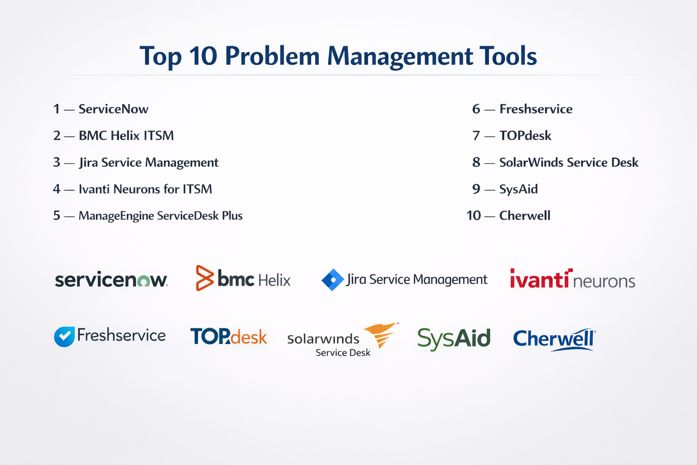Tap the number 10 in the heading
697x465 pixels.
pos(203,56)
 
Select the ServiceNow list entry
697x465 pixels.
pos(113,109)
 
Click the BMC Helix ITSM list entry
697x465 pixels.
pos(126,136)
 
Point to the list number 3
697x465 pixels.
pos(57,162)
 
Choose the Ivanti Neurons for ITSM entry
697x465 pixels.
pos(145,189)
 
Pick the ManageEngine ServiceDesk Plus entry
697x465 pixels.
pos(161,216)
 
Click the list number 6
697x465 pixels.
pos(476,109)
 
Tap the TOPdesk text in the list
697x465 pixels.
pos(525,136)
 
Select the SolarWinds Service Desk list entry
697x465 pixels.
pos(569,162)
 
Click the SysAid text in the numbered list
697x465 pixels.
pos(518,189)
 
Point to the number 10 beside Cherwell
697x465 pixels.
pos(474,216)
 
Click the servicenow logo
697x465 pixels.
pos(111,279)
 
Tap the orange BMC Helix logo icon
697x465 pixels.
pos(205,278)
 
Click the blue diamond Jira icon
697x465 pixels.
pos(333,280)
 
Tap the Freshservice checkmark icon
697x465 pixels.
pos(64,336)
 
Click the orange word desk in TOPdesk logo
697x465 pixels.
pos(249,337)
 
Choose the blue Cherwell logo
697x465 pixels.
pos(555,340)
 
